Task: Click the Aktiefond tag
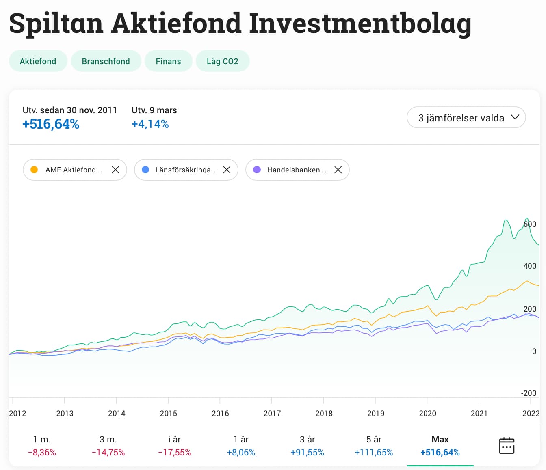(38, 61)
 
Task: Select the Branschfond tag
(106, 61)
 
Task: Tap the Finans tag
(168, 61)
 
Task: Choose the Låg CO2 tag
(222, 61)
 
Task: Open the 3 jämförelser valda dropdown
(466, 118)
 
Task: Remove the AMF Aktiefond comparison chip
(115, 170)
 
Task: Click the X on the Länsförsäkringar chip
(227, 170)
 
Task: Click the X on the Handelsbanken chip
(338, 170)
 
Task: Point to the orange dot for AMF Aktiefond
(34, 170)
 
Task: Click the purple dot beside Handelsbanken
(257, 170)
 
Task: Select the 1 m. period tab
(42, 446)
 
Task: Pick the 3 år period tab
(307, 446)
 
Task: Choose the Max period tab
(440, 446)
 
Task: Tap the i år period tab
(174, 446)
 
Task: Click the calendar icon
(506, 445)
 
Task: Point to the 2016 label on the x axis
(220, 413)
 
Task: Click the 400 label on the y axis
(530, 266)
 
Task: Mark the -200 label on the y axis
(529, 393)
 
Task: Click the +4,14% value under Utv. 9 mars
(150, 124)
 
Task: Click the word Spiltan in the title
(56, 23)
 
